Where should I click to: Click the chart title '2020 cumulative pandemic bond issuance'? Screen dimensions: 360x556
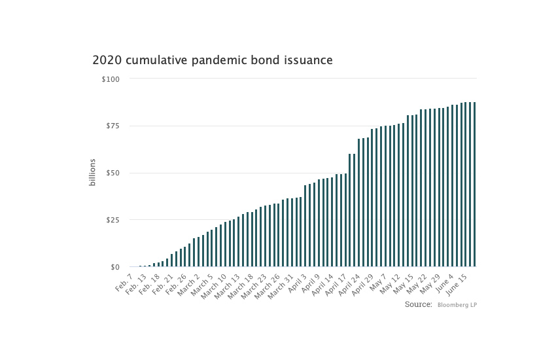[x=213, y=60]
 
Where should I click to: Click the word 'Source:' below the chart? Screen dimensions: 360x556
[x=418, y=305]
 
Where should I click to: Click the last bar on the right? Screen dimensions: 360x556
[x=474, y=185]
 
